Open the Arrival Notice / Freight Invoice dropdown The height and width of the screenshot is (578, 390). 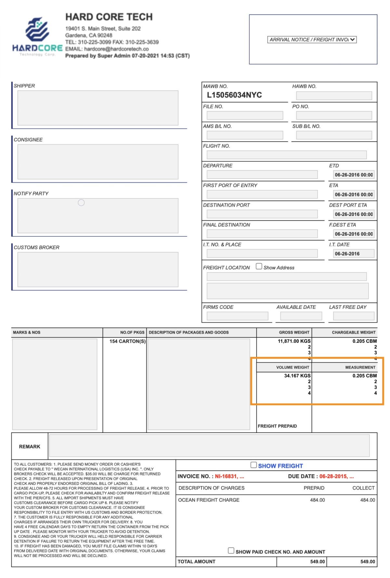point(312,40)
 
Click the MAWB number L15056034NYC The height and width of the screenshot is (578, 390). point(234,95)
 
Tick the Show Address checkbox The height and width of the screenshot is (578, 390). point(259,266)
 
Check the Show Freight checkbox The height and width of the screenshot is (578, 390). point(253,465)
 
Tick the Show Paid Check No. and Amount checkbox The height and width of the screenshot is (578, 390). point(231,551)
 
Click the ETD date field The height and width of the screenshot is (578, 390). point(354,175)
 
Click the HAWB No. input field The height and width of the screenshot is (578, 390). point(334,95)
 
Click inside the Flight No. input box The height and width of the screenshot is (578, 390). point(286,155)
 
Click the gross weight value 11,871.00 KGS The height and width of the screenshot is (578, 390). point(294,341)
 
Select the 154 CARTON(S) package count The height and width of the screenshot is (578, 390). point(127,341)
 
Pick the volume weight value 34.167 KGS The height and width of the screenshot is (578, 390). point(297,376)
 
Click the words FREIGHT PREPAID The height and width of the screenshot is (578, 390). point(277,426)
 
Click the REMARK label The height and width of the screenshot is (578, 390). point(30,447)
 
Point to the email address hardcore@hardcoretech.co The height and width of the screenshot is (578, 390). point(116,49)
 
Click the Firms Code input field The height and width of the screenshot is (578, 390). point(237,316)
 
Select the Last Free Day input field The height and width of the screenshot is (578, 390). point(354,316)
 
